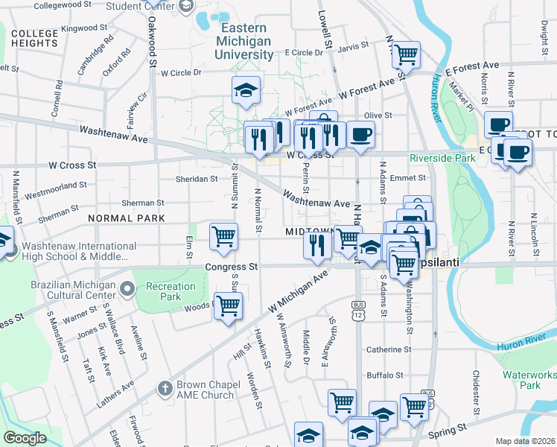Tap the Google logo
click(25, 438)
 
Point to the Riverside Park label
click(443, 158)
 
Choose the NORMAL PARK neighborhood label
click(125, 218)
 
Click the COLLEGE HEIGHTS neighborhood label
click(35, 39)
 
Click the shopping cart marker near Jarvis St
click(406, 54)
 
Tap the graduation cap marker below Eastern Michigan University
click(246, 92)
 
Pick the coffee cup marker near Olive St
click(360, 135)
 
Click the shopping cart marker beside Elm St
click(223, 237)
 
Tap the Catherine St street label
click(388, 349)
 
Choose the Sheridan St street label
click(196, 179)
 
